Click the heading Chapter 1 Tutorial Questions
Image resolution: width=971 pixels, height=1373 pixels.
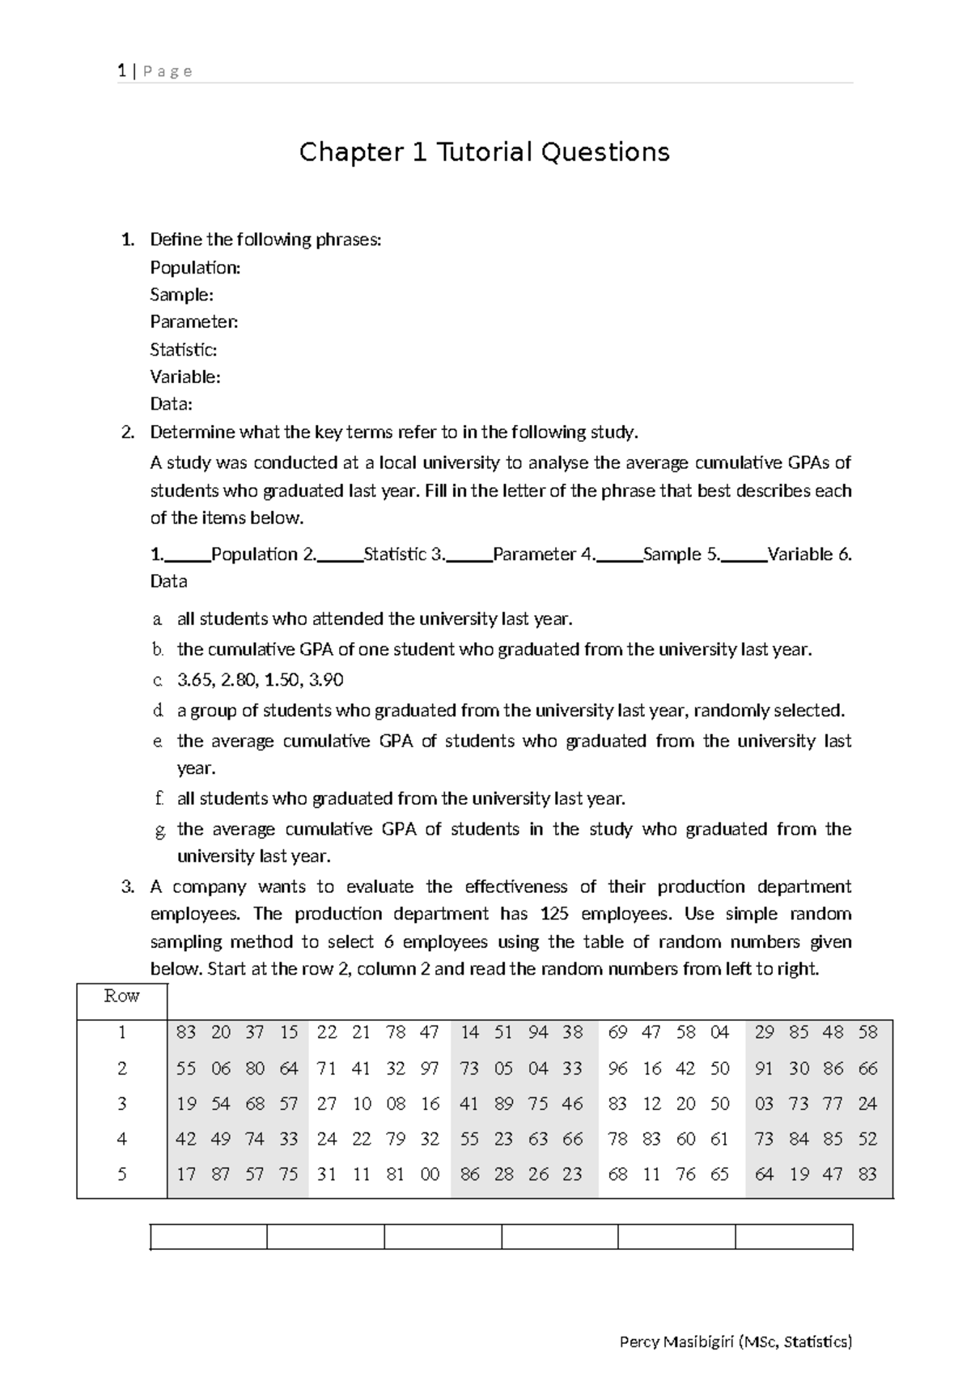(x=484, y=152)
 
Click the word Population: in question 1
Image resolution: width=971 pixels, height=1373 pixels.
(x=195, y=267)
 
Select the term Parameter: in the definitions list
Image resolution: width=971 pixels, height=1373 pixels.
(x=194, y=322)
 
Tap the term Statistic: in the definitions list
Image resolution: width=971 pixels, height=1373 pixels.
(x=183, y=350)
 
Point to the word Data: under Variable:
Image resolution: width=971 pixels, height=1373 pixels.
(x=171, y=404)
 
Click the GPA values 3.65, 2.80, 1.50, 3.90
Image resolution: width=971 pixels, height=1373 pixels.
(x=260, y=680)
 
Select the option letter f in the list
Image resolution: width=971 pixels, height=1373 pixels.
(x=159, y=799)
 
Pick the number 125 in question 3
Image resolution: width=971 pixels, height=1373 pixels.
(x=554, y=914)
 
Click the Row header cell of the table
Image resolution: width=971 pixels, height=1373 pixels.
(x=121, y=997)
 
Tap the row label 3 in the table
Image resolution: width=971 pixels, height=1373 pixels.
(x=121, y=1103)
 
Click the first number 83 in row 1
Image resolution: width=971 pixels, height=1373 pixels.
(x=186, y=1032)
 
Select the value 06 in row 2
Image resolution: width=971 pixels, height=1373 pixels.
(x=221, y=1069)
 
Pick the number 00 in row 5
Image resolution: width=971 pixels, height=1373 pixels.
(x=430, y=1174)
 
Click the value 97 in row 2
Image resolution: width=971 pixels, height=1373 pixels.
(x=430, y=1069)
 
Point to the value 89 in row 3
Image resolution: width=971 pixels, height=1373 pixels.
(x=503, y=1103)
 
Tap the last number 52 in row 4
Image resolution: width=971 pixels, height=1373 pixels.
(x=867, y=1139)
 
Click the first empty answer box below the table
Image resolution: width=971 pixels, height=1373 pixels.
(x=209, y=1237)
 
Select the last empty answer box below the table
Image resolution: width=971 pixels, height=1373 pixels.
(x=794, y=1237)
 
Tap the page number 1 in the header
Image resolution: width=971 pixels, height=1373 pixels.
(x=121, y=71)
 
